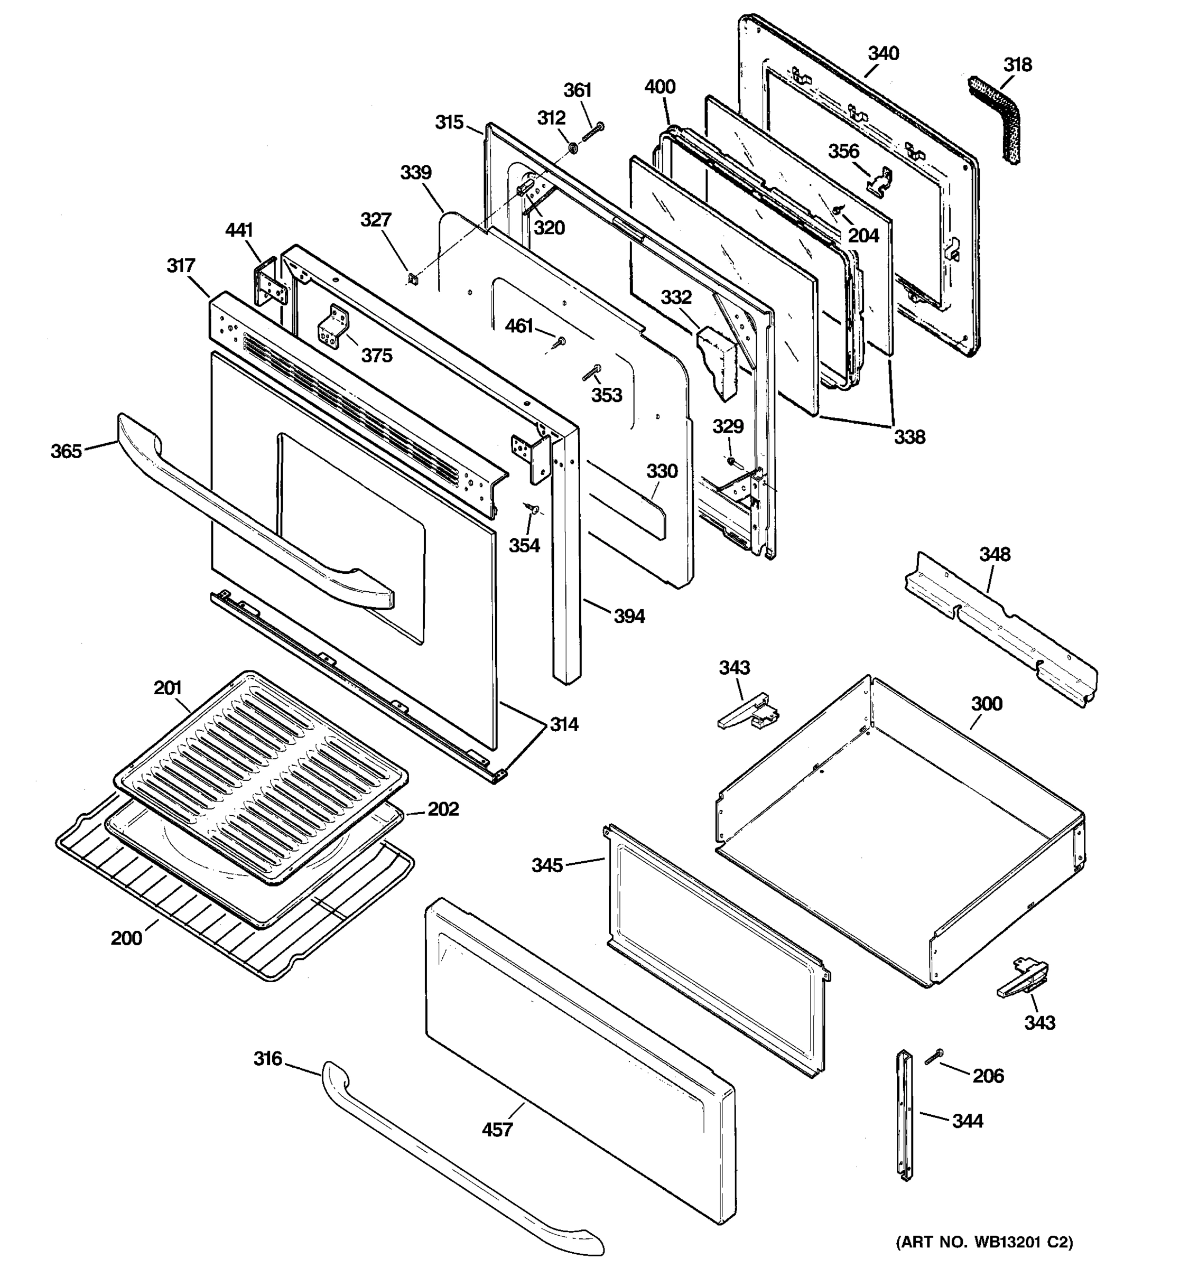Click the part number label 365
click(x=67, y=451)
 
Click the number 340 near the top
click(x=883, y=53)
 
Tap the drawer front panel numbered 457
click(x=574, y=1059)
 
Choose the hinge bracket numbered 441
click(x=272, y=284)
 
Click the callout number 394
click(x=629, y=616)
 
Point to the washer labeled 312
click(x=573, y=148)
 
